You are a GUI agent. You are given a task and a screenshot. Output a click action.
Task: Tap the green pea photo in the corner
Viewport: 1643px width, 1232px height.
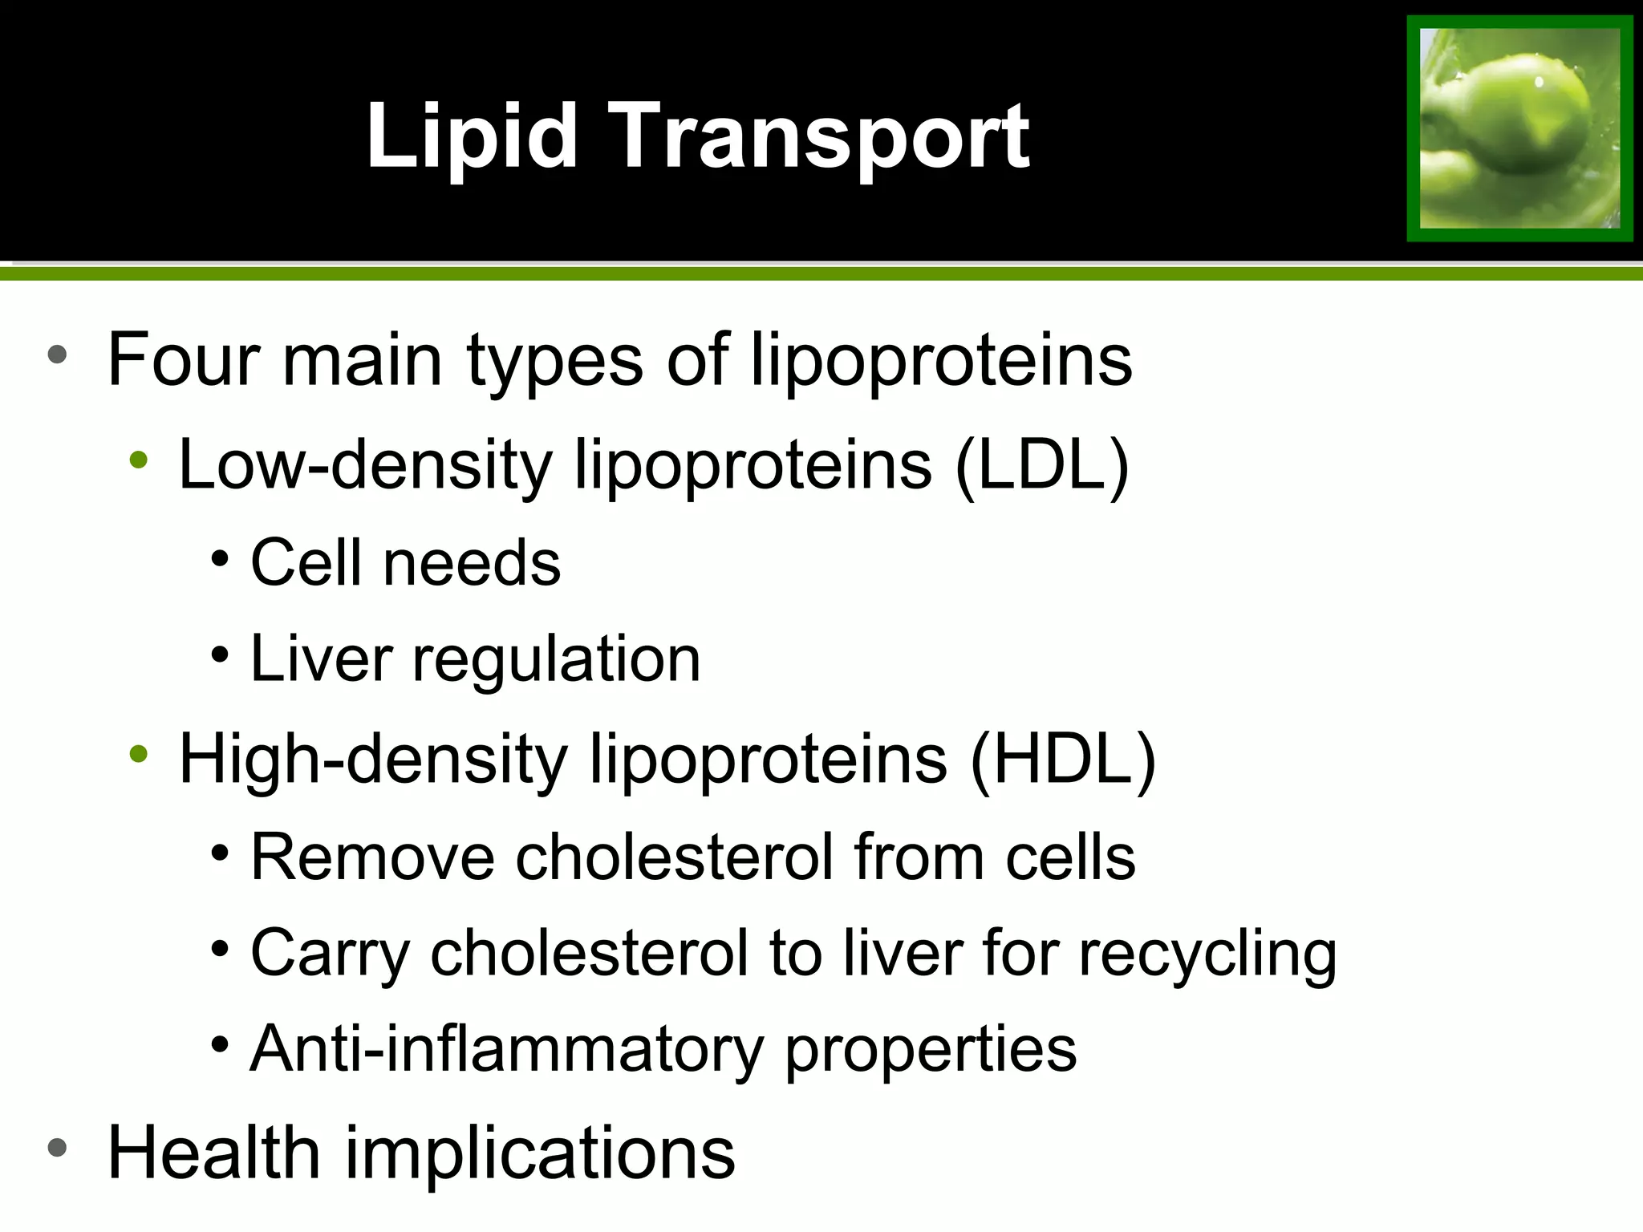[x=1519, y=128]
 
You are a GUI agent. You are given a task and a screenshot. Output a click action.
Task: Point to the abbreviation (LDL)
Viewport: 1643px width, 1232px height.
[x=1042, y=465]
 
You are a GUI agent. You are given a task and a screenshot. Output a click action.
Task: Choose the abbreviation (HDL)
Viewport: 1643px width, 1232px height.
[x=1063, y=759]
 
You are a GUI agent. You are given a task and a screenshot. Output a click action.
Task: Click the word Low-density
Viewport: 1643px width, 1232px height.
[x=365, y=464]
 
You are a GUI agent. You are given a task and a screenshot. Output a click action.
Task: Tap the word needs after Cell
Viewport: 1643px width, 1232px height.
[x=472, y=563]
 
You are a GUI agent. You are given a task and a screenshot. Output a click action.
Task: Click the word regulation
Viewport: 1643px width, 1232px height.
[x=556, y=659]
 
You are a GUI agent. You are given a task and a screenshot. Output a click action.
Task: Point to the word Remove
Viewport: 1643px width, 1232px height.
[x=372, y=857]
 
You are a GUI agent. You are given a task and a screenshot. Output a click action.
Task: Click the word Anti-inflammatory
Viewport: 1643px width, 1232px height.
[x=507, y=1049]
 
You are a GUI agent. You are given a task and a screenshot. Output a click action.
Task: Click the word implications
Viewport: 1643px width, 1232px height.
[x=540, y=1153]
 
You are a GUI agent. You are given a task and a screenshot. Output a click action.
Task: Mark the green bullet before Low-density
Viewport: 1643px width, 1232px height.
[x=139, y=460]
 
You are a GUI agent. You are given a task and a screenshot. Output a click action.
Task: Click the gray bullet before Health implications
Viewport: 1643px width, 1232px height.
[x=56, y=1147]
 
